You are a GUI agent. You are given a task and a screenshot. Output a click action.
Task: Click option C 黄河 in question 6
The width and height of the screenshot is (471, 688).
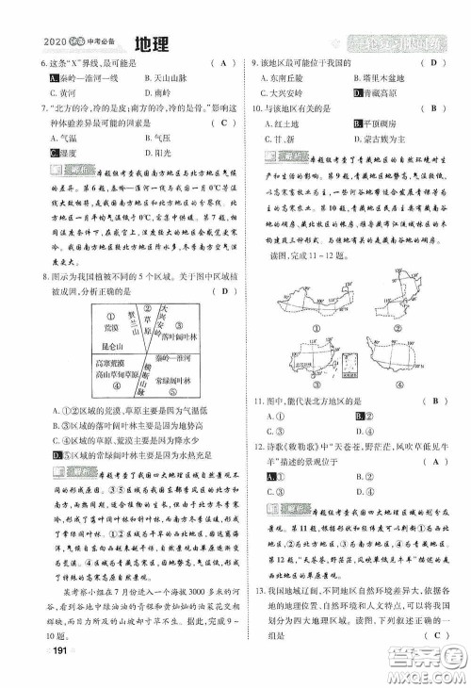click(66, 94)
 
